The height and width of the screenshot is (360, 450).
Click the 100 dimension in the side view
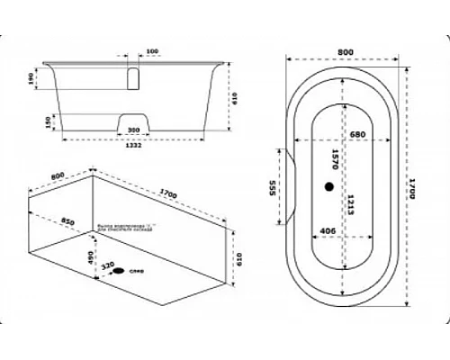(152, 51)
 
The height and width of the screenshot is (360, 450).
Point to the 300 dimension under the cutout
(134, 130)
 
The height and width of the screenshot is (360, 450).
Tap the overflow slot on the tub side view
(135, 78)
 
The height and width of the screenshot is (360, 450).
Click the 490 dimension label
(92, 257)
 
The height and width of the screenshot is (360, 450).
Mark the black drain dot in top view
(329, 186)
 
